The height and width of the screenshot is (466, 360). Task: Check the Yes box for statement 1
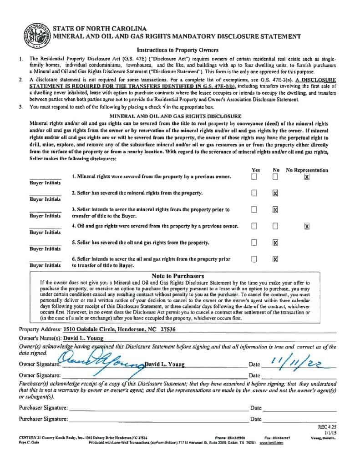[x=254, y=177]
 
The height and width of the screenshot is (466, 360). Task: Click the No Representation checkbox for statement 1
[x=307, y=177]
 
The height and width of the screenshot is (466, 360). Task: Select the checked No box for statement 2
[x=275, y=193]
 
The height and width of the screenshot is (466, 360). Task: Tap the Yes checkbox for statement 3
[x=254, y=210]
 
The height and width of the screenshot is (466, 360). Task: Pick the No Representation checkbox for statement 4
[x=307, y=226]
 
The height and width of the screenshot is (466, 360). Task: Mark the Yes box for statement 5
[x=254, y=243]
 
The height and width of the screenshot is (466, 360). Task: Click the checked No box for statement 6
[x=275, y=259]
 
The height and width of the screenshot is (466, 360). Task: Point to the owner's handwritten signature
[x=100, y=362]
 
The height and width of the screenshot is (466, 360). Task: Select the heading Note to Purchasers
[x=177, y=276]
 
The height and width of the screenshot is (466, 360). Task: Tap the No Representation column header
[x=307, y=170]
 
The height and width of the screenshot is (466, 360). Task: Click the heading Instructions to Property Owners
[x=177, y=50]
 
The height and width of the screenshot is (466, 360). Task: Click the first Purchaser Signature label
[x=43, y=408]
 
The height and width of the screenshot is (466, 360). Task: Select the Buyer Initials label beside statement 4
[x=45, y=232]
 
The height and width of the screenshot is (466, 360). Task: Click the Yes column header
[x=256, y=170]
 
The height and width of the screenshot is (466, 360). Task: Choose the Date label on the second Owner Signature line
[x=255, y=375]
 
